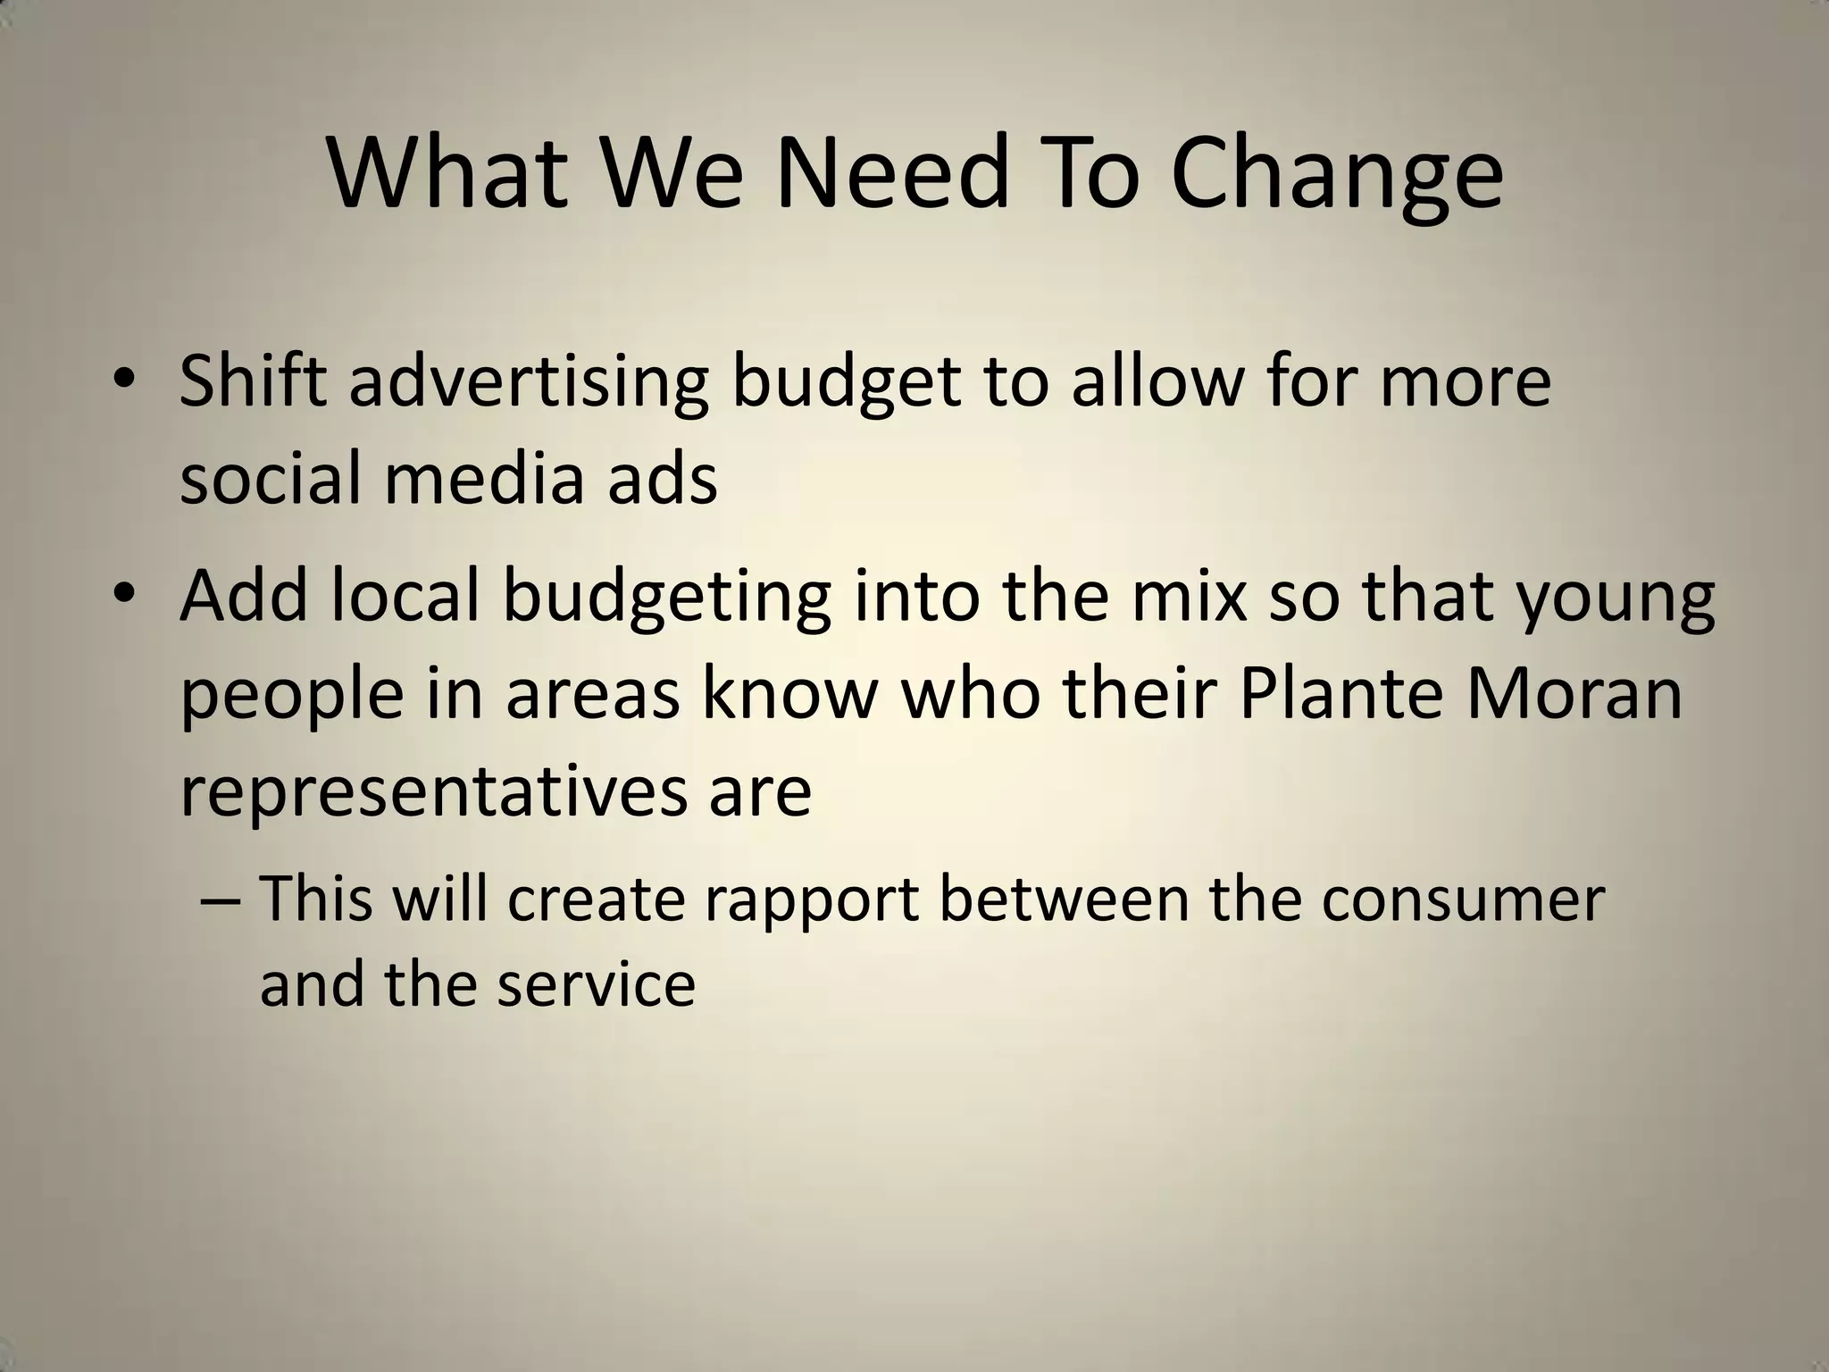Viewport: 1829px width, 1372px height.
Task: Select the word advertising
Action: [x=528, y=381]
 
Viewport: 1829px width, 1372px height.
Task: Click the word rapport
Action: [x=811, y=900]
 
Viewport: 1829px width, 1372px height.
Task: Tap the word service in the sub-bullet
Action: [x=596, y=984]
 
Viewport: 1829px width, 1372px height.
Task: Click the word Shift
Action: [x=253, y=381]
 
